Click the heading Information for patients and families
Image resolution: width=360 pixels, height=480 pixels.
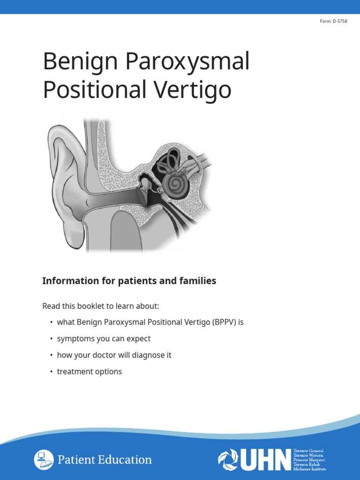[x=129, y=281]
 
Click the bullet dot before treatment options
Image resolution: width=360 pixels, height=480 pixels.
[x=51, y=372]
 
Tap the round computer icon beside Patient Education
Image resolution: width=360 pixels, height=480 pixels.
[x=44, y=459]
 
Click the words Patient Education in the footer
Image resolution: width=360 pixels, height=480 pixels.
[x=105, y=460]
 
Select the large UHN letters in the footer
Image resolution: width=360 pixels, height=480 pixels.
[x=265, y=460]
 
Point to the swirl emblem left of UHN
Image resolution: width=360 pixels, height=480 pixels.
[x=228, y=460]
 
